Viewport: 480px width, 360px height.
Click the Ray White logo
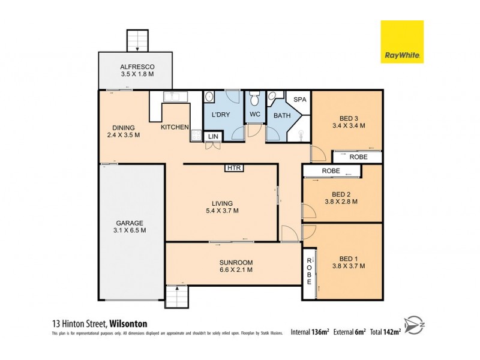coord(402,42)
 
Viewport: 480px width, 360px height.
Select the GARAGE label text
coord(130,223)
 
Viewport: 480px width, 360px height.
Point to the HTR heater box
coord(234,168)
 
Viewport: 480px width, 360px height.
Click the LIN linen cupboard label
coord(213,137)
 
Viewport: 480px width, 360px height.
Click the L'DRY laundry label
coord(221,114)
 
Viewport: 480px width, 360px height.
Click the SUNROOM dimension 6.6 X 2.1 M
coord(236,271)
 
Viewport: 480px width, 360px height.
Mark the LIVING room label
coord(222,203)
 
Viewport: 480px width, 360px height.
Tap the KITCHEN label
coord(175,127)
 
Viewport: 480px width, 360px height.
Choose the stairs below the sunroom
coord(176,296)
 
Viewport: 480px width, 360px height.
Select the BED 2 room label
coord(341,194)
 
